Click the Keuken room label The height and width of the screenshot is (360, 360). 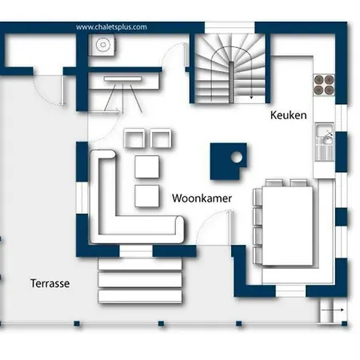tap(288, 115)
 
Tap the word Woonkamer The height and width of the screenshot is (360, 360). tap(202, 198)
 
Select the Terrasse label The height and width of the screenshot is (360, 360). tap(50, 283)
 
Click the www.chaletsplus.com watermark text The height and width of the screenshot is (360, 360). tap(111, 27)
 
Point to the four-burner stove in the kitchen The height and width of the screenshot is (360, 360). tap(324, 85)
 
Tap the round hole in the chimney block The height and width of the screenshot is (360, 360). tap(236, 157)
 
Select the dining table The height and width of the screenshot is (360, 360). tap(287, 226)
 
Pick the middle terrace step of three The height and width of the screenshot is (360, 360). tap(140, 280)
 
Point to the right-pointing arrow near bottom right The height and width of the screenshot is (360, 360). tap(332, 310)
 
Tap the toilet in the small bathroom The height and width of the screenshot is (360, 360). tap(103, 45)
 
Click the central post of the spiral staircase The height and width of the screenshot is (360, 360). tap(231, 82)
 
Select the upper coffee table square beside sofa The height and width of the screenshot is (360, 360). tap(147, 167)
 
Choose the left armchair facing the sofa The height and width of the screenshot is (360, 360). tap(134, 138)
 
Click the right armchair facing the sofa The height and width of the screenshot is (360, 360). tap(161, 138)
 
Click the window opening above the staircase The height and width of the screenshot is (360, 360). tap(230, 27)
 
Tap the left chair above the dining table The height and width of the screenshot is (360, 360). tap(274, 183)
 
